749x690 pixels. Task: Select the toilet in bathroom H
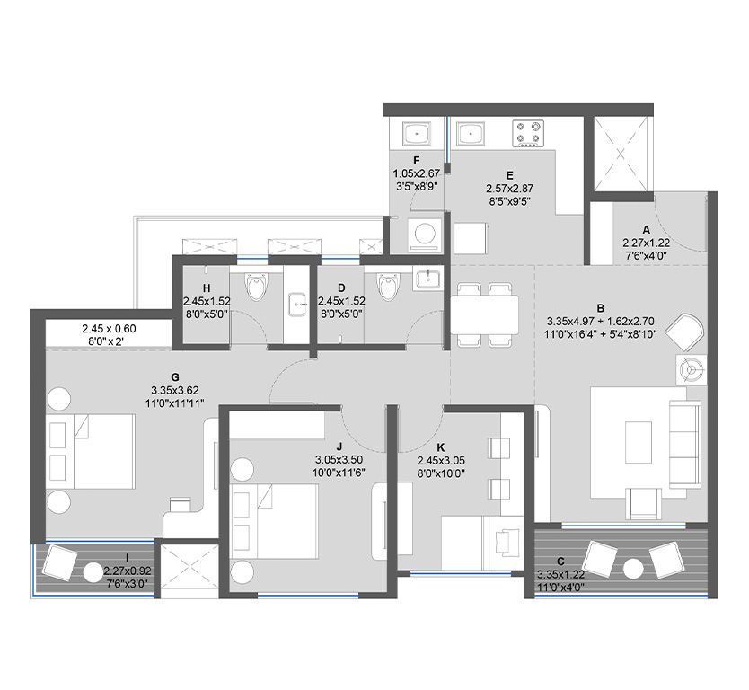[258, 287]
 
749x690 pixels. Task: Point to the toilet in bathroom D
[388, 287]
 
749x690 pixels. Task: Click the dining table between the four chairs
[484, 314]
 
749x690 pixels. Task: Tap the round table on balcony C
[634, 567]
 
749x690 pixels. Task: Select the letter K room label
[440, 447]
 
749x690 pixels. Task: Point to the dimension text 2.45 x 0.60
[109, 328]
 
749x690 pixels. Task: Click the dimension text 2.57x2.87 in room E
[508, 190]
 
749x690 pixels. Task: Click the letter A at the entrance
[646, 230]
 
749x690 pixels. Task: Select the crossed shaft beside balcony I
[188, 568]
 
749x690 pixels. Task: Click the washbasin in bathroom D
[428, 280]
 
